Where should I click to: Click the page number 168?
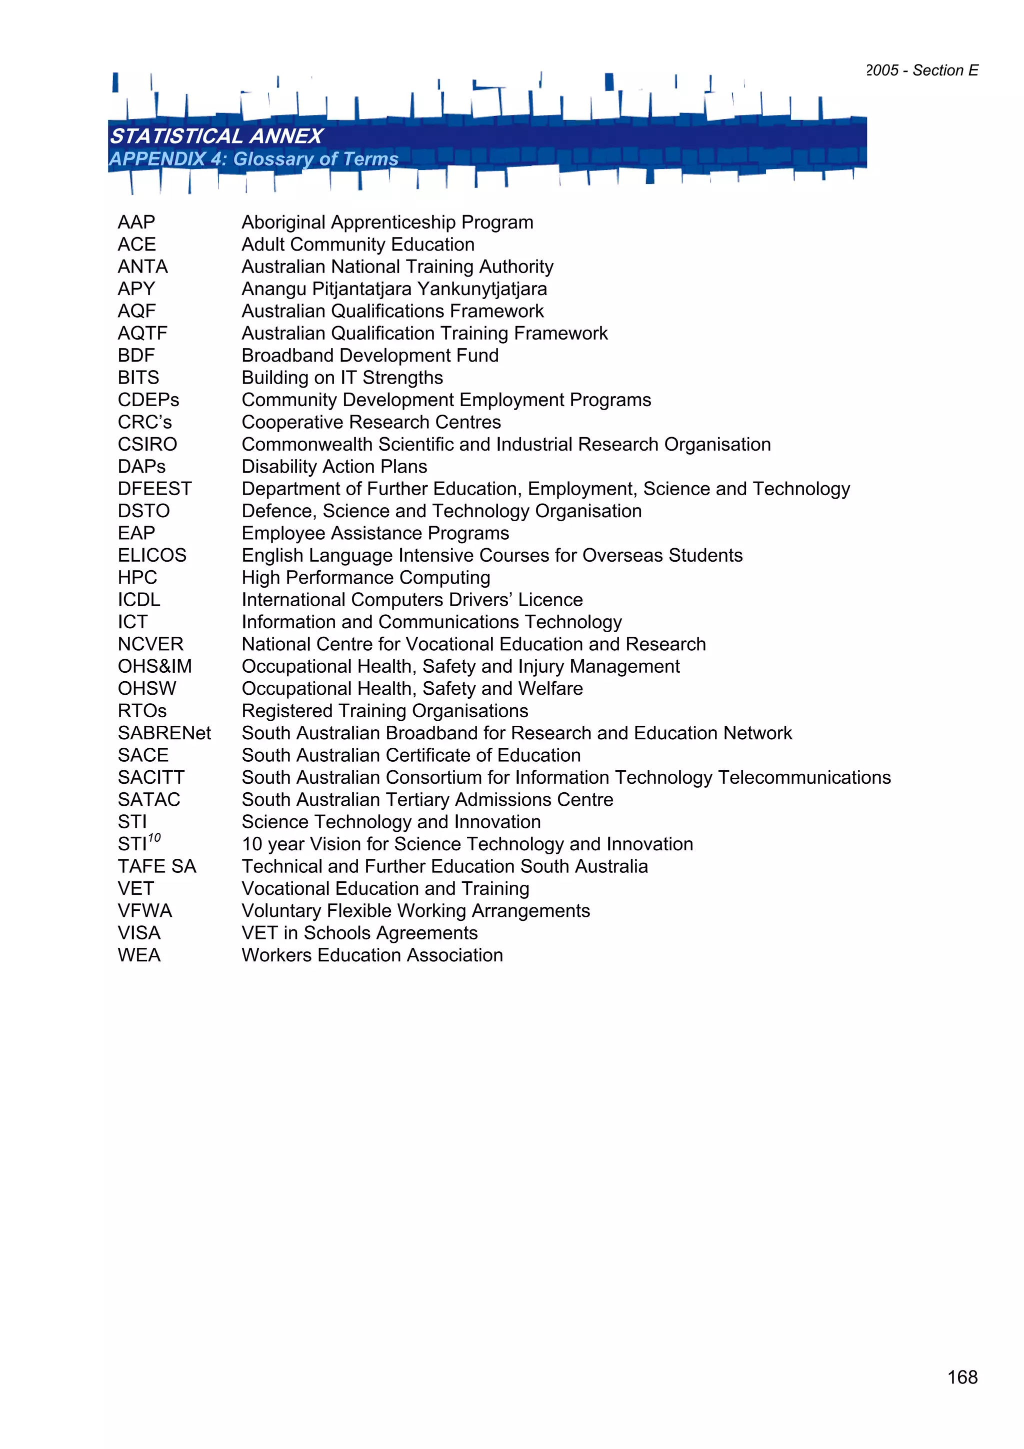tap(962, 1377)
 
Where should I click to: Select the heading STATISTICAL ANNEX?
tap(216, 136)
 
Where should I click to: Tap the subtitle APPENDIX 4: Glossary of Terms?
tap(253, 159)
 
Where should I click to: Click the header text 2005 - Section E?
tap(922, 70)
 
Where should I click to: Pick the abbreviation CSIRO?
tap(147, 444)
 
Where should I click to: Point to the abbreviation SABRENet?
tap(164, 733)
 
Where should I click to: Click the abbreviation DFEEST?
tap(154, 489)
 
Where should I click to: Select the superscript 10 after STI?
tap(154, 838)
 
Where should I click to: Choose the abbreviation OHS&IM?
tap(154, 666)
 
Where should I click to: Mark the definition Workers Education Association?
tap(372, 955)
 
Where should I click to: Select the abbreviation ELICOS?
tap(152, 555)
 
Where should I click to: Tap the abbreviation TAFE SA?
tap(157, 866)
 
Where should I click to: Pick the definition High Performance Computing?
tap(366, 578)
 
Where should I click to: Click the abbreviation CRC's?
tap(144, 422)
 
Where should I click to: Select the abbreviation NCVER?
tap(150, 644)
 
